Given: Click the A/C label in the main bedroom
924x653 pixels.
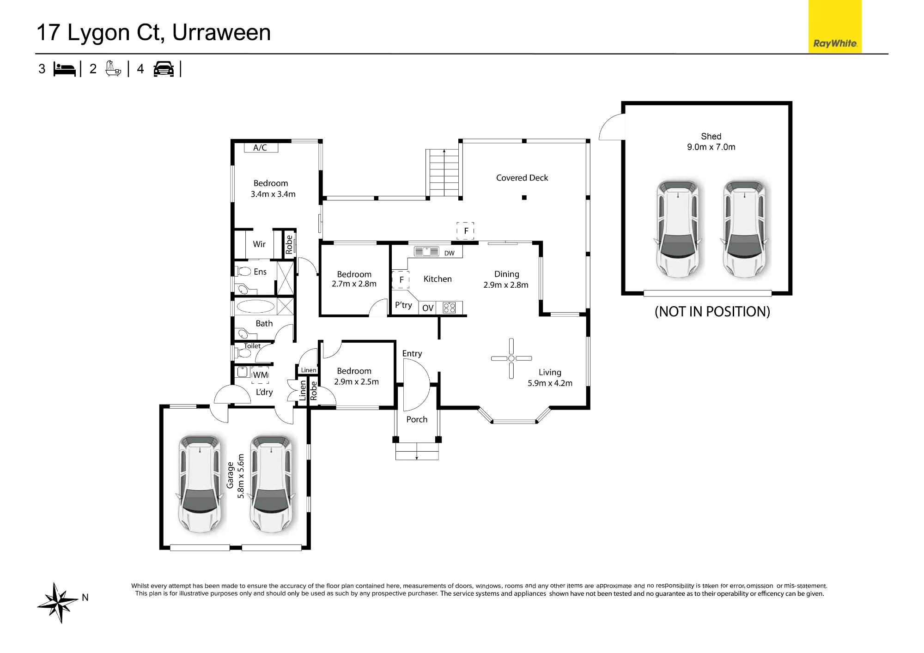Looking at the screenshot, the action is (x=260, y=148).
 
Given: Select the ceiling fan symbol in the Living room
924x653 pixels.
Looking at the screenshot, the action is (x=511, y=358).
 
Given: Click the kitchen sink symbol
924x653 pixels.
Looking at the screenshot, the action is (x=426, y=252).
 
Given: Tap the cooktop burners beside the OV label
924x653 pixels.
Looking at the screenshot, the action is (x=449, y=308).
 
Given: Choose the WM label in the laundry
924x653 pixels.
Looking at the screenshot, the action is (x=261, y=375).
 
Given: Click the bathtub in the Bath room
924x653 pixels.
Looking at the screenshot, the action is (x=255, y=306).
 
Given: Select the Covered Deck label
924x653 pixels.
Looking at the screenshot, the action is (x=522, y=178).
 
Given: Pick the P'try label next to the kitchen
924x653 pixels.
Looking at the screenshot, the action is (x=403, y=305).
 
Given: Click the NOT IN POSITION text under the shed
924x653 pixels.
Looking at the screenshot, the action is (x=712, y=312).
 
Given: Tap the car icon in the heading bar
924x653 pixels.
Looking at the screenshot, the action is (x=164, y=69).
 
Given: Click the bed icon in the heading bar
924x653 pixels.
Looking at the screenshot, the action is (x=65, y=69).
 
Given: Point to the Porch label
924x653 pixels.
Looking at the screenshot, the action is (x=417, y=419).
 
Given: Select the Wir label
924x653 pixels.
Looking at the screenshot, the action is (x=259, y=244).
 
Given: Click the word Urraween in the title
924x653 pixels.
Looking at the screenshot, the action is (x=221, y=32).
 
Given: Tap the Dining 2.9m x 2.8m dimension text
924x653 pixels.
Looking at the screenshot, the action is (x=506, y=279).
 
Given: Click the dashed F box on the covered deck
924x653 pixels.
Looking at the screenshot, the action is (x=466, y=230).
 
